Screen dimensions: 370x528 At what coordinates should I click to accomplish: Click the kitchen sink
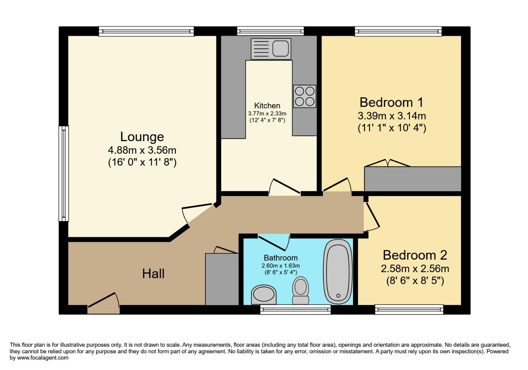point(271,49)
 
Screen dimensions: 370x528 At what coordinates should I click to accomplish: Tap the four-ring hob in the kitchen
point(304,96)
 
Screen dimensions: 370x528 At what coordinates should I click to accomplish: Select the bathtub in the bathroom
point(338,272)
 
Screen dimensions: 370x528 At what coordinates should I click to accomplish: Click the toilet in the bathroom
point(301,290)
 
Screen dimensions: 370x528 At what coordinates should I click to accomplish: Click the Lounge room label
point(142,137)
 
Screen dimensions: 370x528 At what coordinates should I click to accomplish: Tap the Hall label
point(153,273)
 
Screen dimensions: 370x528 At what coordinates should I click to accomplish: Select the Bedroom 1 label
point(391,102)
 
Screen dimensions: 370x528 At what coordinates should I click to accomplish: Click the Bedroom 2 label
point(415,255)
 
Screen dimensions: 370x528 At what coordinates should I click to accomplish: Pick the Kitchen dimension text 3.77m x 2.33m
point(267,113)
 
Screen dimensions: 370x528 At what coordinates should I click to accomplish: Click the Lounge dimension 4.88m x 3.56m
point(142,150)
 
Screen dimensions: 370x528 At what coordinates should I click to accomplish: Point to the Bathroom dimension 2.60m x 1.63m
point(280,266)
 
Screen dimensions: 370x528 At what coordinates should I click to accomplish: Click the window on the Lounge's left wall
point(64,174)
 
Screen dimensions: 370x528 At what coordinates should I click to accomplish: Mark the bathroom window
point(295,310)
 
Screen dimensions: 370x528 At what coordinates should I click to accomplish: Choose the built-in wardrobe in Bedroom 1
point(413,178)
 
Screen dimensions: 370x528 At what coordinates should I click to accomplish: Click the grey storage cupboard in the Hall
point(222,279)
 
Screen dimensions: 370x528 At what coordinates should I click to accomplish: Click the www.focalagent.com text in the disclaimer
point(39,358)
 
